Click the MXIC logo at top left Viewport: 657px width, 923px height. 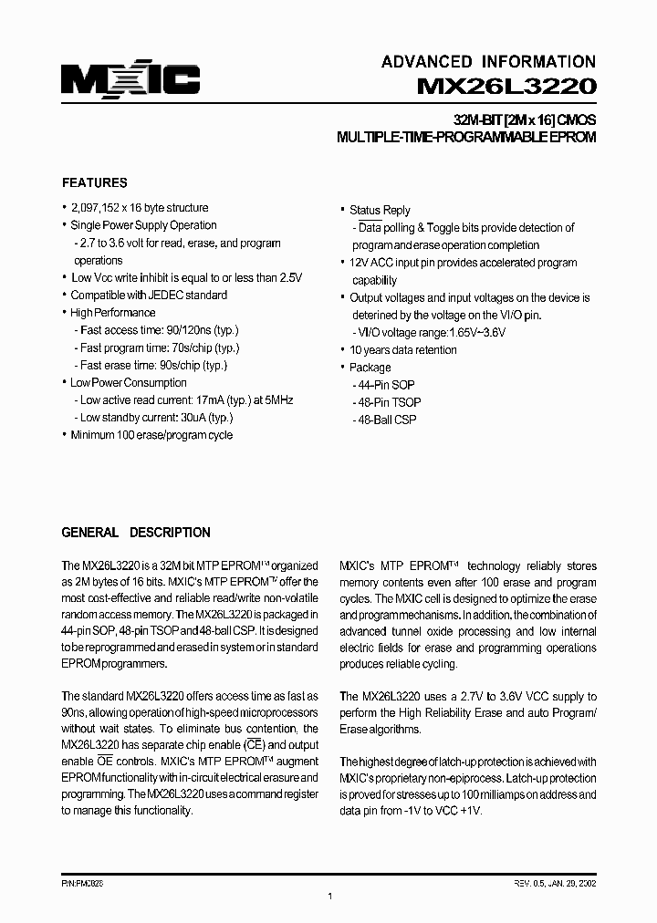tap(130, 81)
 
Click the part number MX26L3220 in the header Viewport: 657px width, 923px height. tap(506, 87)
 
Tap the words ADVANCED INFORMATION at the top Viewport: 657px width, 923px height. tap(488, 61)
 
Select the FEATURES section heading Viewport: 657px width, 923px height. tap(94, 182)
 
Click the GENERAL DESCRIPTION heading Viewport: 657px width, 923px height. tap(135, 533)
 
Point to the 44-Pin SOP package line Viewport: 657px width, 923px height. tap(383, 385)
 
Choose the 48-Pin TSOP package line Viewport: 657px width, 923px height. tap(387, 402)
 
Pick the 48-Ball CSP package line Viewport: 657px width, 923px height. tap(384, 420)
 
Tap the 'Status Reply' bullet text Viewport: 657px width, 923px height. tap(380, 210)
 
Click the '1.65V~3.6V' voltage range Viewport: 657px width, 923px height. tap(476, 333)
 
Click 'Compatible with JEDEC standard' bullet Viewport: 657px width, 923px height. tap(149, 296)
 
